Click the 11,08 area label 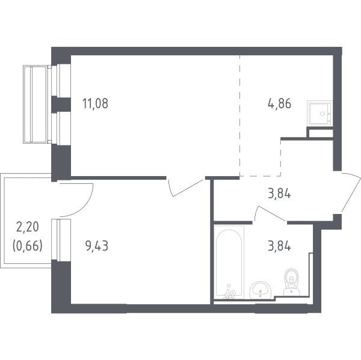[x=95, y=103]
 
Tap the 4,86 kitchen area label [x=279, y=103]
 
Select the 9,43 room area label [x=96, y=246]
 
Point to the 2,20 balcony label [x=28, y=227]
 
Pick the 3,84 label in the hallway [x=279, y=194]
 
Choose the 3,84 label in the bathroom [x=279, y=246]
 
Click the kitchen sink [x=320, y=114]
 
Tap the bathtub [x=229, y=262]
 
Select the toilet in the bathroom [x=291, y=282]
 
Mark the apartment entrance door [x=351, y=192]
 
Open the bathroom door [x=270, y=213]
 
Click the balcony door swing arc [x=84, y=206]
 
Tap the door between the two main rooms [x=186, y=188]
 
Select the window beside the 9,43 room [x=61, y=240]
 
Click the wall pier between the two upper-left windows [x=61, y=105]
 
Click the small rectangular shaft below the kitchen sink [x=321, y=133]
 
